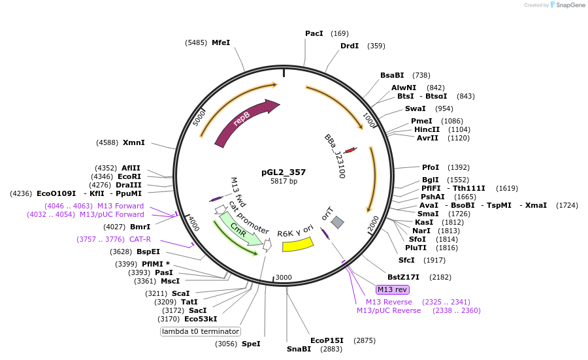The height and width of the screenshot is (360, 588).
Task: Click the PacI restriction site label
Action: [314, 33]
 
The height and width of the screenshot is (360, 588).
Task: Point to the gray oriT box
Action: [337, 222]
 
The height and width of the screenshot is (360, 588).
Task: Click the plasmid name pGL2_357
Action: [284, 172]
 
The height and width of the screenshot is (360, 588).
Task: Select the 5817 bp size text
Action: [284, 181]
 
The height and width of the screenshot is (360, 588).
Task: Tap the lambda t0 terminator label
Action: [201, 331]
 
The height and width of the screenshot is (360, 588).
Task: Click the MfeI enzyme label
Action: [221, 42]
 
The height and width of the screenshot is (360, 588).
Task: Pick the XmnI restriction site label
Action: [134, 142]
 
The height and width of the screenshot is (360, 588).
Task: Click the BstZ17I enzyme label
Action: [404, 277]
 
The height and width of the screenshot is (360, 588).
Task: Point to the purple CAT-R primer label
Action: [140, 239]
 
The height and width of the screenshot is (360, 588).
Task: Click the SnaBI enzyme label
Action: [299, 349]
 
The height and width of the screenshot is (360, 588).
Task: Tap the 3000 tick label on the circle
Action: [284, 277]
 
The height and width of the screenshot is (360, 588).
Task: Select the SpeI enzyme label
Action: [251, 343]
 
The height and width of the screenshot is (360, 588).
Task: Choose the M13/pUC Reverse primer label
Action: [389, 310]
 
